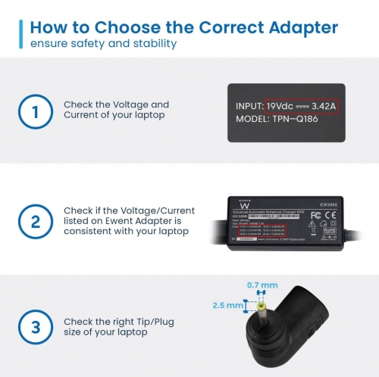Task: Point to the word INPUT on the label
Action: [249, 105]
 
